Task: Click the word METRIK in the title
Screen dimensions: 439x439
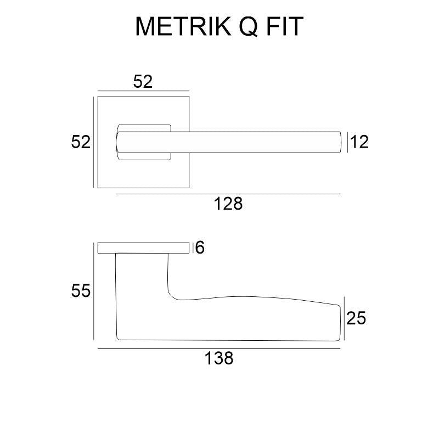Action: pos(183,26)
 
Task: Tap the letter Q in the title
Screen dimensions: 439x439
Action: pos(248,26)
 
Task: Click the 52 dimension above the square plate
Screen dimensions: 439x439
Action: pos(143,82)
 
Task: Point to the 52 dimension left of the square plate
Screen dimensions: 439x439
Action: pos(81,142)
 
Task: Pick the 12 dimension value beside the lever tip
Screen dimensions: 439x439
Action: pos(359,142)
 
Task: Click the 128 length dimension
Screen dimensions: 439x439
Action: pos(228,204)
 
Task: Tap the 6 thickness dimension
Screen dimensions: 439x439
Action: pos(200,247)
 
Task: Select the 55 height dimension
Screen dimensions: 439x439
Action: pos(81,291)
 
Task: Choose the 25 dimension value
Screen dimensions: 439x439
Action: pos(356,318)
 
